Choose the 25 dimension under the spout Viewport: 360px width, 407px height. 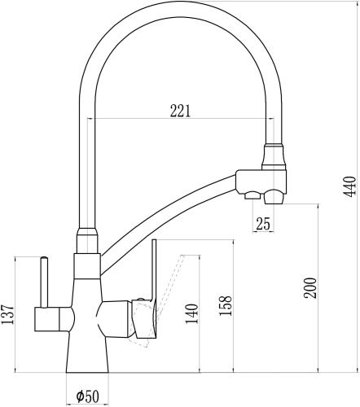[263, 223]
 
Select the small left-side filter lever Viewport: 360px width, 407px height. [41, 281]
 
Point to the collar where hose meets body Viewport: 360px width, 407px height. [86, 241]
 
